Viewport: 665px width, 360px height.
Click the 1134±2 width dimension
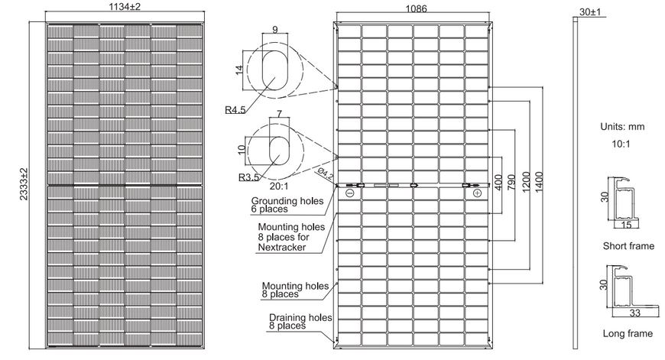pyautogui.click(x=125, y=7)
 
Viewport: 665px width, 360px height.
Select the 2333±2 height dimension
pyautogui.click(x=24, y=184)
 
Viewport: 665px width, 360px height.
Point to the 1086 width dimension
pyautogui.click(x=416, y=9)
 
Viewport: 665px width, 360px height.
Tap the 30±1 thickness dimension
pyautogui.click(x=590, y=12)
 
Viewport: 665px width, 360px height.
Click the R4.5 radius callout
pyautogui.click(x=235, y=110)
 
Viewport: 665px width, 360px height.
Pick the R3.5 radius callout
pyautogui.click(x=248, y=177)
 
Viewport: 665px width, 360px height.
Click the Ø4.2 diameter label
pyautogui.click(x=325, y=174)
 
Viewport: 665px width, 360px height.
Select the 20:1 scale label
pyautogui.click(x=279, y=186)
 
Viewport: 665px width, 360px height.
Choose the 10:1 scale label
pyautogui.click(x=621, y=144)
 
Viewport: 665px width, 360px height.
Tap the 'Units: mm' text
pyautogui.click(x=622, y=126)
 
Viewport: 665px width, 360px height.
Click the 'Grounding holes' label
pyautogui.click(x=287, y=201)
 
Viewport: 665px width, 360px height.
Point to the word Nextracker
pyautogui.click(x=282, y=247)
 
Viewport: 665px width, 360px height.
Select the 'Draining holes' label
pyautogui.click(x=300, y=318)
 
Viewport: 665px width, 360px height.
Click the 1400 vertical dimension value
pyautogui.click(x=539, y=182)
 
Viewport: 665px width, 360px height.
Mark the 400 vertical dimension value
pyautogui.click(x=498, y=183)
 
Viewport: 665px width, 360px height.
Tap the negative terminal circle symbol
pyautogui.click(x=350, y=193)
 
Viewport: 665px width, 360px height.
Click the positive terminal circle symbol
pyautogui.click(x=477, y=193)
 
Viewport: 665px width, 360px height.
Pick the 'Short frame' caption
pyautogui.click(x=628, y=246)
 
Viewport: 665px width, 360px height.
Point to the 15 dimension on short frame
pyautogui.click(x=626, y=225)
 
